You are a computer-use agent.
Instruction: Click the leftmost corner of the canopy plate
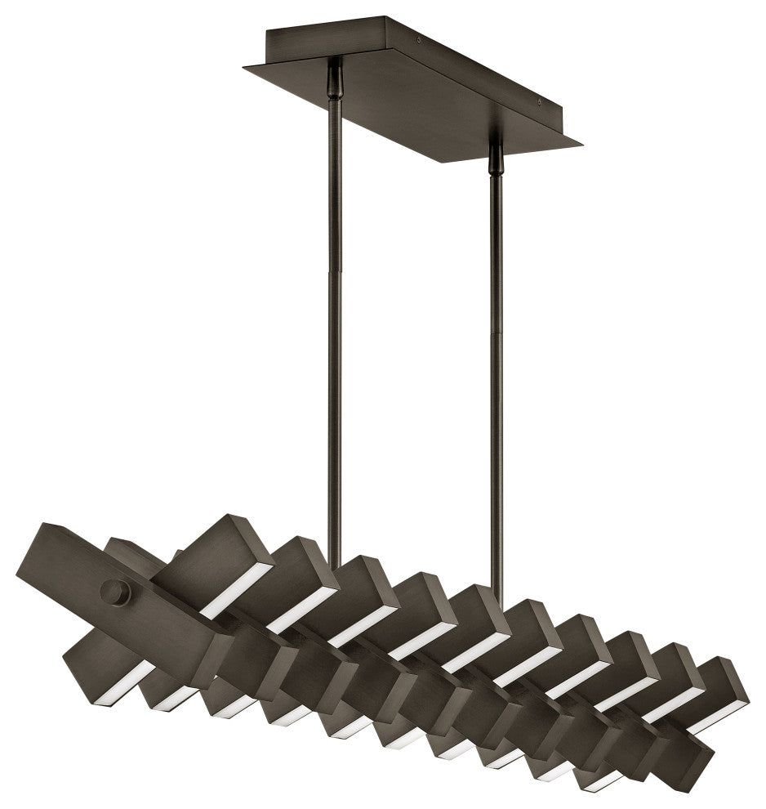point(243,69)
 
